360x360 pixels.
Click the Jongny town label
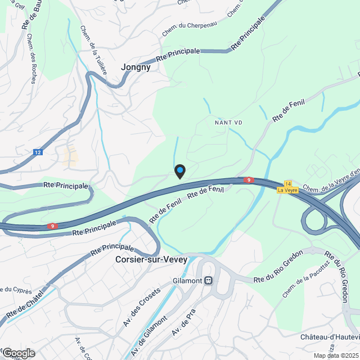pos(136,67)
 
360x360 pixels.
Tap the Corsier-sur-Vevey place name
pos(151,260)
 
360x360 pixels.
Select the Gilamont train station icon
pos(208,280)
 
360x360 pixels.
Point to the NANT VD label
pos(228,122)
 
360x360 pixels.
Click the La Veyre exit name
pos(287,190)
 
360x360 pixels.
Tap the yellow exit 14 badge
pos(288,183)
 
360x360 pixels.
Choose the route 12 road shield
pos(38,152)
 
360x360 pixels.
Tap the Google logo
pos(18,353)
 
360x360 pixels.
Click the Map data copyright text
pos(336,355)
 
